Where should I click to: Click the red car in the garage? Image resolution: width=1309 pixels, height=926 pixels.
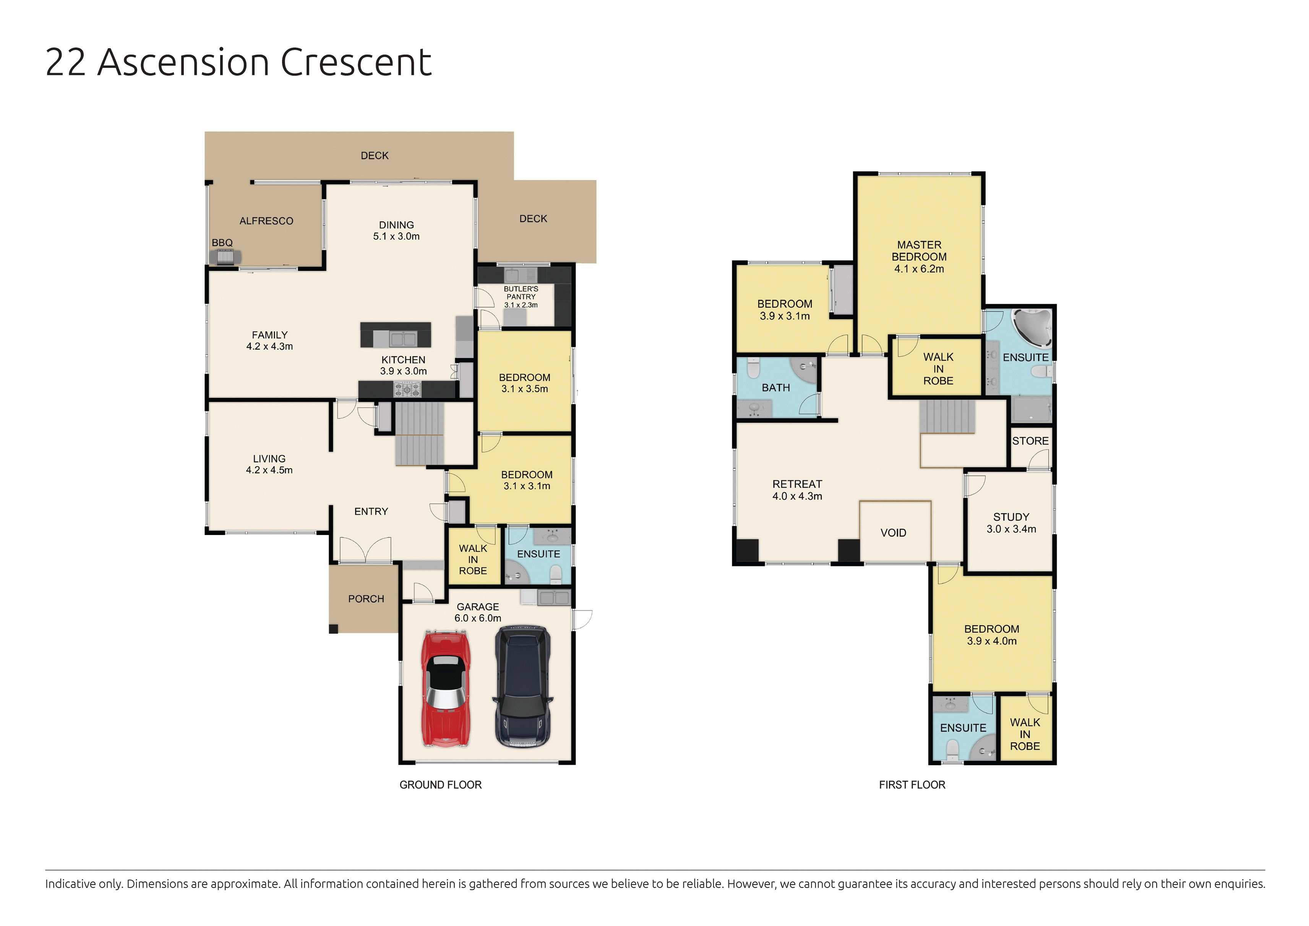[x=446, y=688]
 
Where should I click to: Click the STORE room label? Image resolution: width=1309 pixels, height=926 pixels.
[x=1030, y=441]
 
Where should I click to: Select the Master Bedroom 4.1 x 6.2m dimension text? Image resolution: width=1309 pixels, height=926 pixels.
[x=919, y=269]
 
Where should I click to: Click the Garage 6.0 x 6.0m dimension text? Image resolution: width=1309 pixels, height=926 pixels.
[x=478, y=618]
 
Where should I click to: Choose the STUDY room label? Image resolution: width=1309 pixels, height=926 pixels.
[x=1011, y=517]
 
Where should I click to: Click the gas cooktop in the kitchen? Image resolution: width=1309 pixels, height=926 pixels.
[x=407, y=390]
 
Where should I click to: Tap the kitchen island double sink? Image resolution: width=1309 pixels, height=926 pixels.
[x=402, y=339]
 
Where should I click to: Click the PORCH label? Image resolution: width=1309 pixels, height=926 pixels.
[x=366, y=599]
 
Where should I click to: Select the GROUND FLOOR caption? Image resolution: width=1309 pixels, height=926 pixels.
[x=440, y=785]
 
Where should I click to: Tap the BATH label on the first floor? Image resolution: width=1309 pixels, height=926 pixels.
[x=775, y=388]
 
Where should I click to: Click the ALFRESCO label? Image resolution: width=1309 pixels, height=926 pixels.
[x=266, y=221]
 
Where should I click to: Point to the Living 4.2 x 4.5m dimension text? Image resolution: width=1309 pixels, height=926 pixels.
[x=269, y=470]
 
